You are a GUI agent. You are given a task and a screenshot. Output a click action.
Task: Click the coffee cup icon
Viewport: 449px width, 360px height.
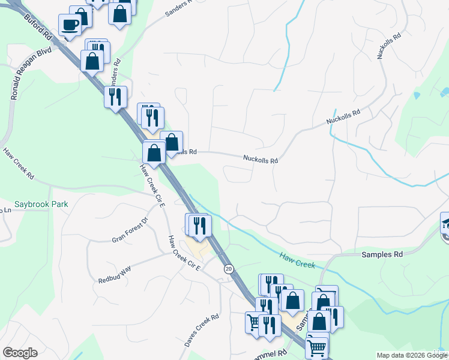[x=70, y=25]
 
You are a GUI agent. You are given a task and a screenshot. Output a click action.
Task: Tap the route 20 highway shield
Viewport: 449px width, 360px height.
[x=229, y=269]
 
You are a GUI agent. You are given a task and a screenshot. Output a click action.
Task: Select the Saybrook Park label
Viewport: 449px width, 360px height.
[x=42, y=204]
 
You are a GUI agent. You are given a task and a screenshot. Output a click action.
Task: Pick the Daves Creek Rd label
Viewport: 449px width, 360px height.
[x=202, y=331]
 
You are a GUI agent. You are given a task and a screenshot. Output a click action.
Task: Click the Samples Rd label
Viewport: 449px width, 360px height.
[x=381, y=254]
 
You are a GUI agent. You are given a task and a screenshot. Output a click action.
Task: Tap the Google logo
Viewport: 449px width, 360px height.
[x=20, y=353]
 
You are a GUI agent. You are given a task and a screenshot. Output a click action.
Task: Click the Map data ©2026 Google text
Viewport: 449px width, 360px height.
[x=412, y=355]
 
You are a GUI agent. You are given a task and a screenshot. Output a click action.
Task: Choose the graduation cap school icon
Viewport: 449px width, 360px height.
[x=445, y=223]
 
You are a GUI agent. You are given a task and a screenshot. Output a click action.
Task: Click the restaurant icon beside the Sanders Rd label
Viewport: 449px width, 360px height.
[x=115, y=96]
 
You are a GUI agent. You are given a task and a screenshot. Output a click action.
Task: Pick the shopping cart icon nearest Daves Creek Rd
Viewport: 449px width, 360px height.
[x=255, y=322]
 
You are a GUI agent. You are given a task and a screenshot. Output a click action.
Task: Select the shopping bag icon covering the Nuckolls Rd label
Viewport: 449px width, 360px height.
[x=172, y=142]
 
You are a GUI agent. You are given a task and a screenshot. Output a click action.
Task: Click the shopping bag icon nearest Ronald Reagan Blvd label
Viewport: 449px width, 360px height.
[x=92, y=61]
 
